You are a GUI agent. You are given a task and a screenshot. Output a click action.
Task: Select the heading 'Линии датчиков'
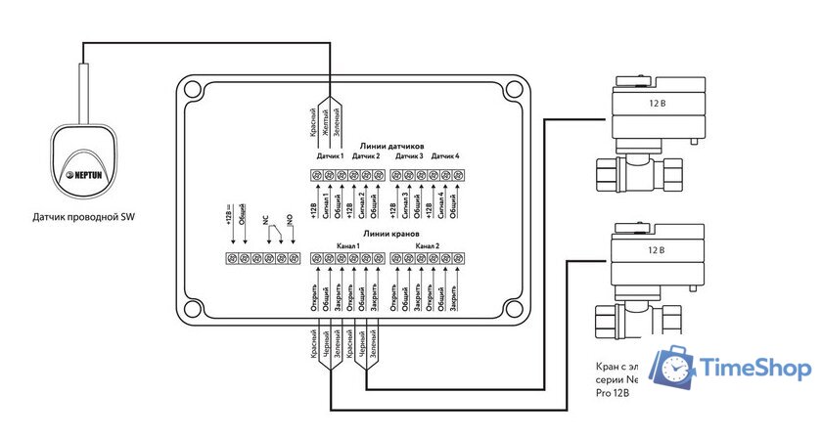click(390, 145)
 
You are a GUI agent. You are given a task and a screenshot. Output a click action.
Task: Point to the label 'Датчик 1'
click(329, 156)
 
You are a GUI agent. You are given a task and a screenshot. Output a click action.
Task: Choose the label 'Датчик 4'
click(445, 156)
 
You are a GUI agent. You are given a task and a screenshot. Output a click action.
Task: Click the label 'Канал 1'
click(347, 244)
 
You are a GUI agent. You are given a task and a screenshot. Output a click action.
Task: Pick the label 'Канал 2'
click(428, 244)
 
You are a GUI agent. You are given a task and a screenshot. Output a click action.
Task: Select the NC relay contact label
click(264, 221)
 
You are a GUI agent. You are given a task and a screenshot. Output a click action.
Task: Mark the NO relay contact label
click(289, 221)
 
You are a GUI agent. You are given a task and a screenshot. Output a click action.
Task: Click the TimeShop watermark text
click(754, 368)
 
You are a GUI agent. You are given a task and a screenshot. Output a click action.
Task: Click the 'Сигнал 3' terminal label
click(406, 205)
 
